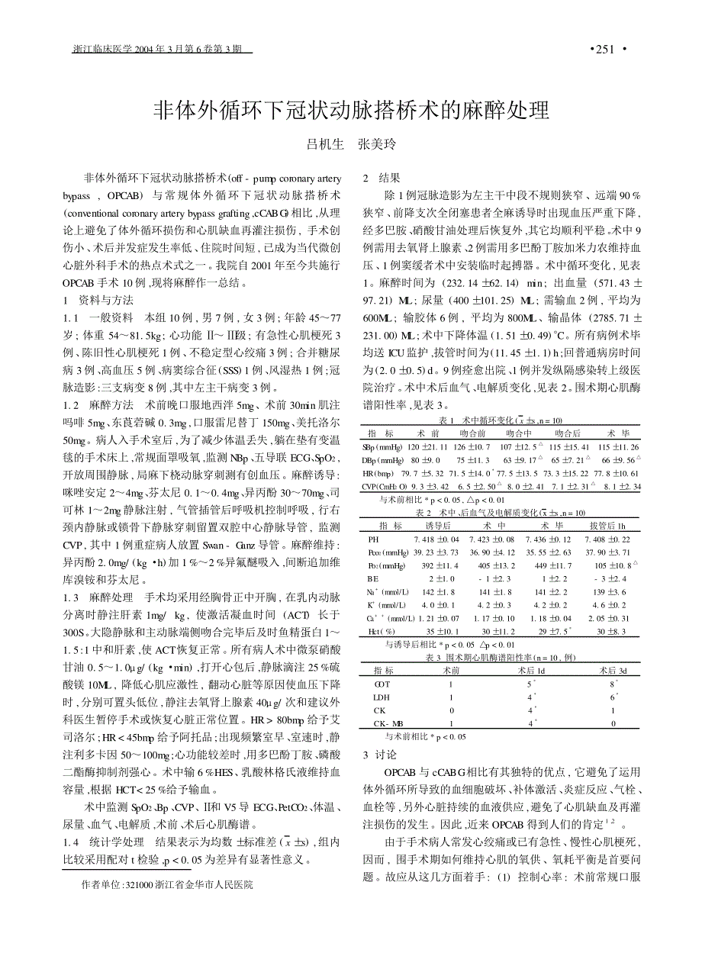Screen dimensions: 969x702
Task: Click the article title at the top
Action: [x=351, y=111]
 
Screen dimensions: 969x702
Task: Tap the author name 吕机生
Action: [x=325, y=144]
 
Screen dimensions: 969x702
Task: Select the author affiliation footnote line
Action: [x=166, y=885]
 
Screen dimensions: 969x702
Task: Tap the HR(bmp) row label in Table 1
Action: [x=378, y=474]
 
